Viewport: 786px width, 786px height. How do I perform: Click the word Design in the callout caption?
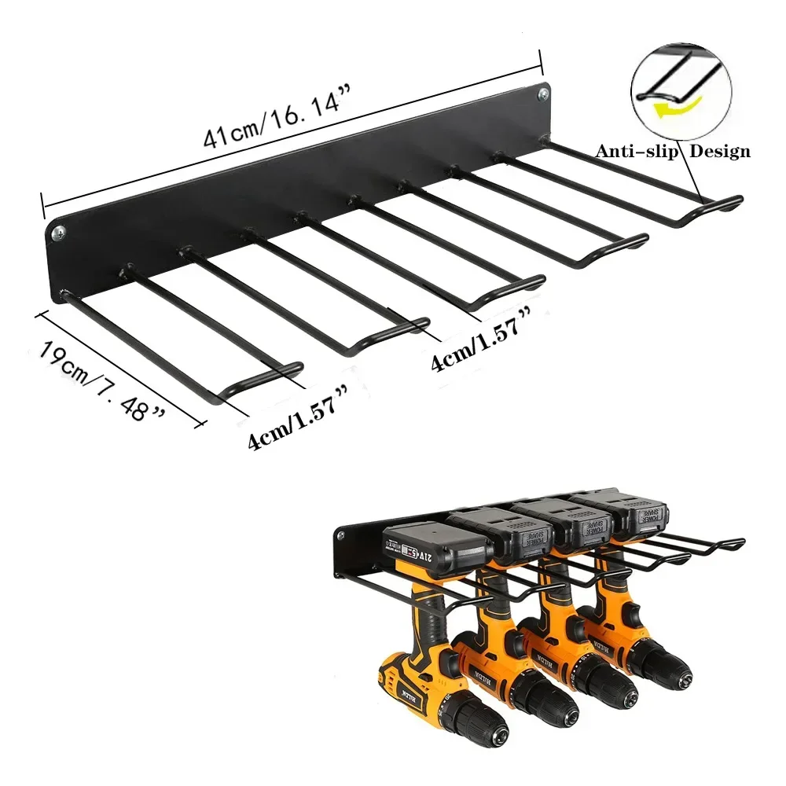point(719,152)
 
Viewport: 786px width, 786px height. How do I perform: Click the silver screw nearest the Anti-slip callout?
point(543,94)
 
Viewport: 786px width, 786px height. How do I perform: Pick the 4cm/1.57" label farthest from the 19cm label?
point(476,347)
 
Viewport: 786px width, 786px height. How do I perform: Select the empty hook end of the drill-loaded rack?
point(735,542)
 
